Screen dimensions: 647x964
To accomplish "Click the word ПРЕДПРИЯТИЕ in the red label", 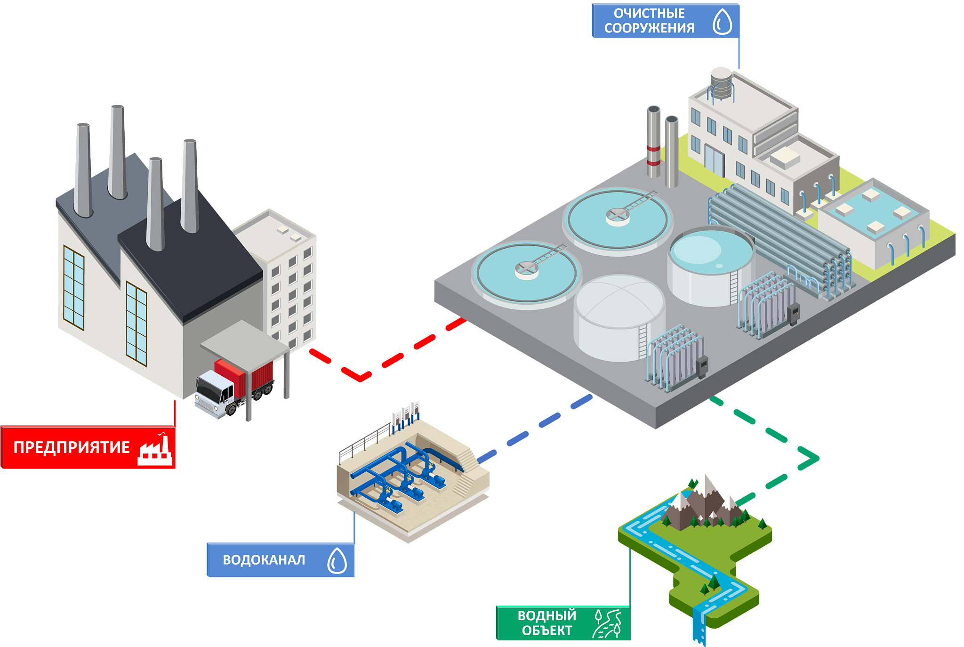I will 72,447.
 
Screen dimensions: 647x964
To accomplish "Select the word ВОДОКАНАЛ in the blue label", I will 264,560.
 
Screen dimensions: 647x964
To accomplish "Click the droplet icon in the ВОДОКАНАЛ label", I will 337,560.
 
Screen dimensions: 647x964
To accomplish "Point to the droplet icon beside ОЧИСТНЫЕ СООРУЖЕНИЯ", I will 722,22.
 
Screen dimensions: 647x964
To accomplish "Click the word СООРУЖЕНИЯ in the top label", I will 649,28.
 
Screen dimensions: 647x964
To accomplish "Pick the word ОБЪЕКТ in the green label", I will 547,631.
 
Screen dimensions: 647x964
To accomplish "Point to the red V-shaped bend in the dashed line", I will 360,376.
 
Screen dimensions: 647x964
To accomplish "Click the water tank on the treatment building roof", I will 721,83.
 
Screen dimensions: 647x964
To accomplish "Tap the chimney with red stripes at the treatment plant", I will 653,141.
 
